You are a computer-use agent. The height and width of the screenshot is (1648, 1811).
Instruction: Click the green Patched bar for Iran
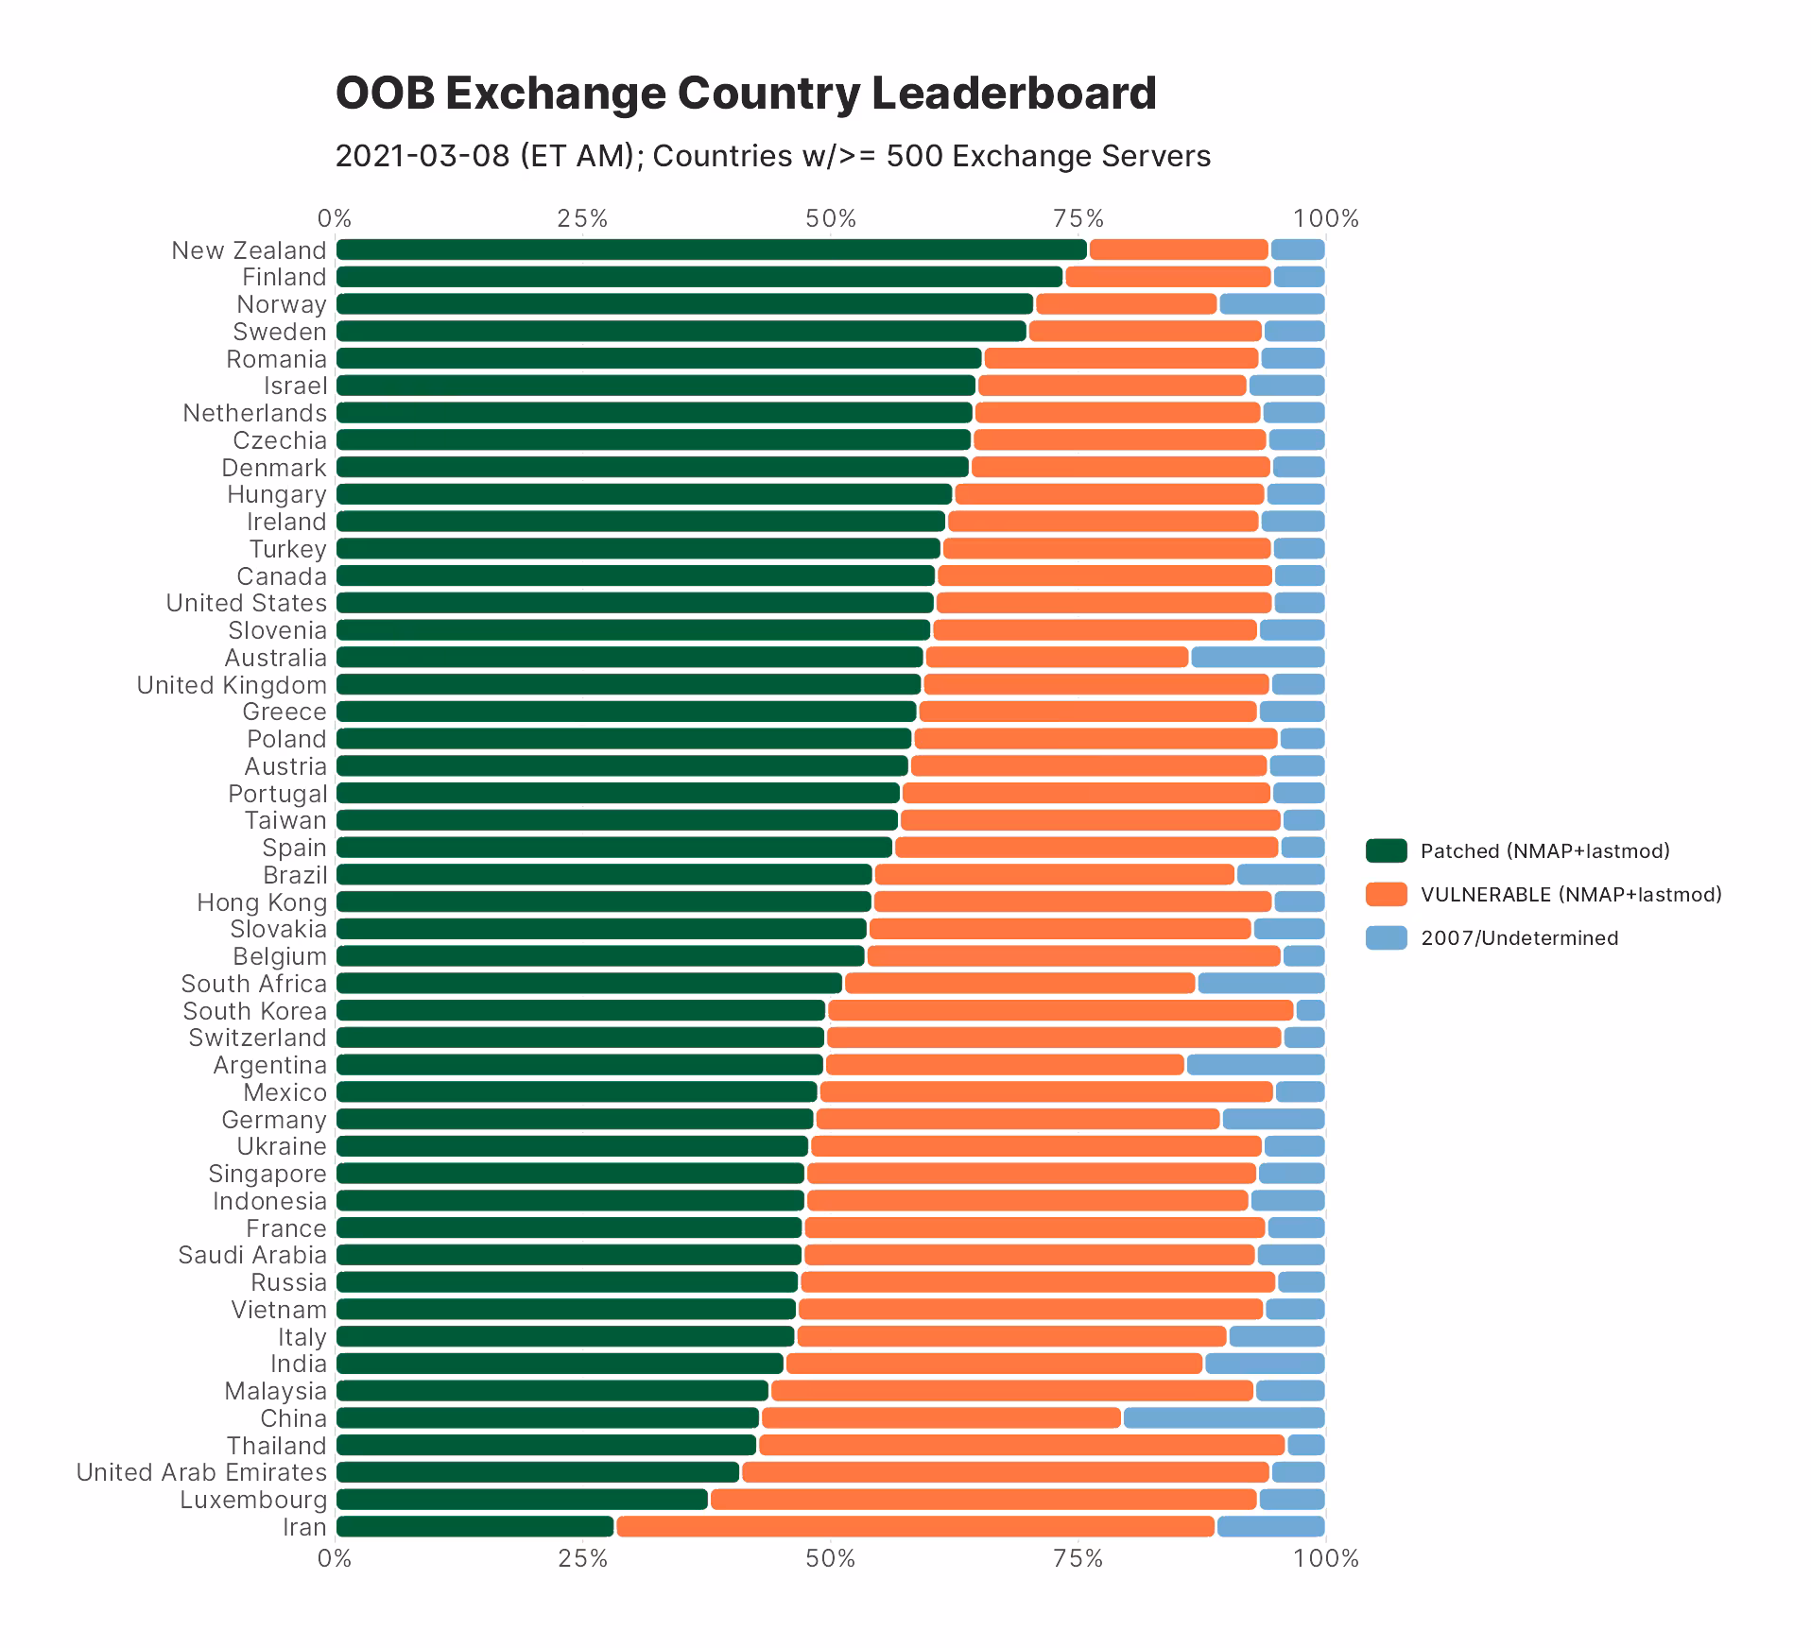[x=474, y=1526]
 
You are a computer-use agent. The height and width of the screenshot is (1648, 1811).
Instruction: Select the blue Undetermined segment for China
[x=1223, y=1417]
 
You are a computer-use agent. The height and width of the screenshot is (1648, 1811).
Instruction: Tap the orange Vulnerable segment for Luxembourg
[x=983, y=1500]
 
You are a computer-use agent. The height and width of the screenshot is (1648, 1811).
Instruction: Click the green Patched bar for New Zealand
[x=711, y=249]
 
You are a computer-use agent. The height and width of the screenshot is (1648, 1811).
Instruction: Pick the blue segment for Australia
[x=1257, y=657]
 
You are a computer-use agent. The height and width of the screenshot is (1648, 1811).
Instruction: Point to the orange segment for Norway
[x=1126, y=304]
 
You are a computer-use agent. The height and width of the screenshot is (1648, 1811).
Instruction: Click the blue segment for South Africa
[x=1261, y=983]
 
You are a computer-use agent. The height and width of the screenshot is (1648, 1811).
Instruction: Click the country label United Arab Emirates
[x=201, y=1472]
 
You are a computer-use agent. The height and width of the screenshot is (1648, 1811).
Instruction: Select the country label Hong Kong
[x=262, y=902]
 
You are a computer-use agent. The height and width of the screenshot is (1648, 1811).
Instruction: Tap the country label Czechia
[x=280, y=440]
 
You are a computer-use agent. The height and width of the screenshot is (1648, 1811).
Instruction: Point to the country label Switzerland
[x=257, y=1038]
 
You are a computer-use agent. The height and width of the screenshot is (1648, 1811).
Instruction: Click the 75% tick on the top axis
[x=1078, y=219]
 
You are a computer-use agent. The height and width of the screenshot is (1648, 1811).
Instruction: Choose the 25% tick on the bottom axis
[x=582, y=1558]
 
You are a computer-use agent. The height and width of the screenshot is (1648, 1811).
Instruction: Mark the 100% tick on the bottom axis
[x=1325, y=1558]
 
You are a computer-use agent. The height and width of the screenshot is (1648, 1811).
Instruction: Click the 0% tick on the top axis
[x=335, y=219]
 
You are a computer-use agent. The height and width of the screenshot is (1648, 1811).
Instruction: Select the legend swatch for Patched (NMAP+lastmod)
[x=1386, y=850]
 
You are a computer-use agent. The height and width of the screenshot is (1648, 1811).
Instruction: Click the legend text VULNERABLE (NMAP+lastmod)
[x=1571, y=894]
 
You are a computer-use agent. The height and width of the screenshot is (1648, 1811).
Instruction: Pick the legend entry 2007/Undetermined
[x=1519, y=937]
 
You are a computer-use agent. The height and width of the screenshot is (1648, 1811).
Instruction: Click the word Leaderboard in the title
[x=1013, y=93]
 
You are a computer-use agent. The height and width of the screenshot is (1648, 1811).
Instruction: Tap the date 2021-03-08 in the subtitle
[x=423, y=156]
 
